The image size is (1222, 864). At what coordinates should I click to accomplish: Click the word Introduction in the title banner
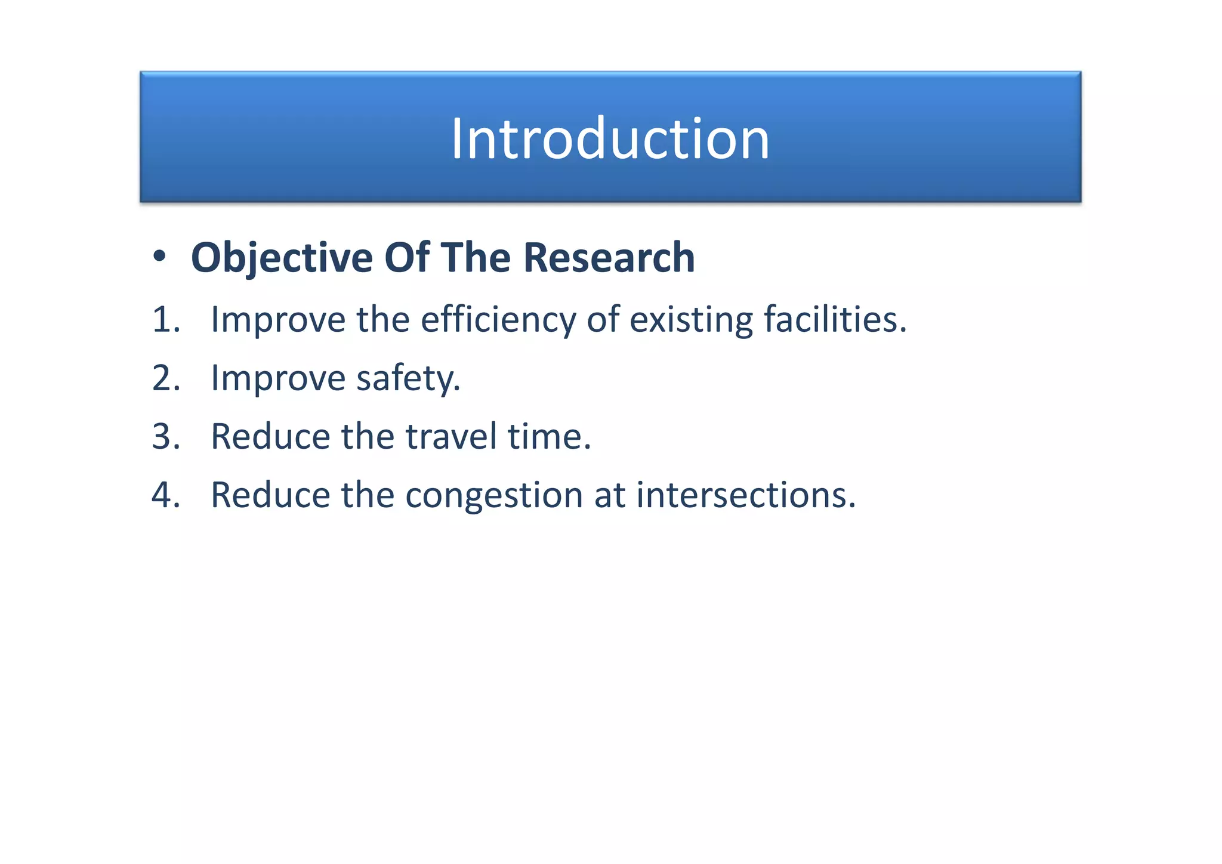point(610,139)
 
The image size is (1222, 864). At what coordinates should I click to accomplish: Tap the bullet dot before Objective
point(159,257)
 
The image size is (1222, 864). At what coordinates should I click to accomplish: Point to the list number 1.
point(165,320)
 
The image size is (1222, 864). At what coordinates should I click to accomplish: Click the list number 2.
point(165,378)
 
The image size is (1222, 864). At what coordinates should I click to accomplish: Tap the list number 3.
point(165,437)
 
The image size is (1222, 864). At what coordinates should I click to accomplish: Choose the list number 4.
point(165,495)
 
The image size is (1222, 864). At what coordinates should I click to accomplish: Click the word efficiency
point(498,320)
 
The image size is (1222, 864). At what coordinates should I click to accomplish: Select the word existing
point(691,320)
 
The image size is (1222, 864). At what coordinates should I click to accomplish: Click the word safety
point(408,378)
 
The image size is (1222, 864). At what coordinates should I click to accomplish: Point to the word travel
point(451,437)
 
